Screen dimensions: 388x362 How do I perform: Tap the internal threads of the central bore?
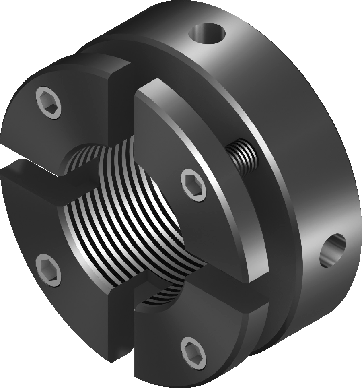click(x=133, y=225)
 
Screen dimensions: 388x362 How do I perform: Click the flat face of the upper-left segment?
click(x=72, y=121)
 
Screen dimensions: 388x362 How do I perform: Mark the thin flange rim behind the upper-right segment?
click(x=225, y=121)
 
